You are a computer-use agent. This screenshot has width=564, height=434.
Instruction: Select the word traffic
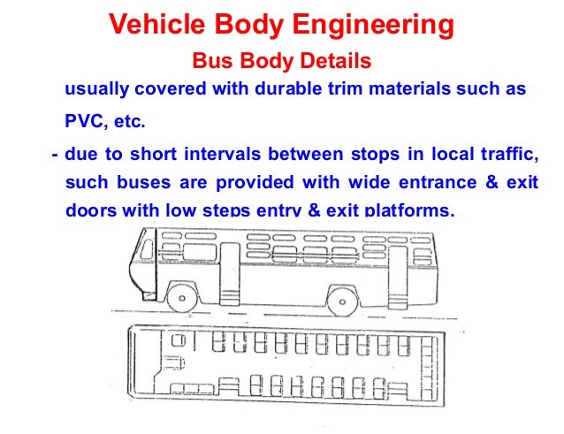tap(512, 154)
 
